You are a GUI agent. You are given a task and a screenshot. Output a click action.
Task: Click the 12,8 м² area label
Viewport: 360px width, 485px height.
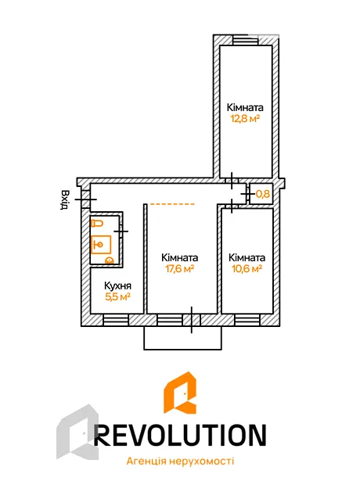coord(244,118)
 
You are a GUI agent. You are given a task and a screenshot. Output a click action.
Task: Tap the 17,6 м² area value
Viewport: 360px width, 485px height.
coord(180,268)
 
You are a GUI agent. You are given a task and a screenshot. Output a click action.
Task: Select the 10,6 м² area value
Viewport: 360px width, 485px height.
coord(247,268)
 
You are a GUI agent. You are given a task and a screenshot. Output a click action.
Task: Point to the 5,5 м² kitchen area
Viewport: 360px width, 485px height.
coord(117,297)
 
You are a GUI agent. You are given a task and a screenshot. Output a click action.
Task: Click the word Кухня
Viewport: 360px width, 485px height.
coord(117,286)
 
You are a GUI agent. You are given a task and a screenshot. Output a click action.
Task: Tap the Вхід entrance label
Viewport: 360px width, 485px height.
coord(65,199)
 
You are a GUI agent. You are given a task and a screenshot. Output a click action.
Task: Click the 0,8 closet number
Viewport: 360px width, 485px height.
coord(262,194)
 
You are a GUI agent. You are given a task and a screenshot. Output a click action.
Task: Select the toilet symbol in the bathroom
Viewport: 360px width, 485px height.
coord(97,223)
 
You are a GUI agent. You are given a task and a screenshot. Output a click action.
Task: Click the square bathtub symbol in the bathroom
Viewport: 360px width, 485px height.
coord(101,245)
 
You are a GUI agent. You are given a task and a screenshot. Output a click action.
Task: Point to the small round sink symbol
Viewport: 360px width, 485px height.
coord(110,260)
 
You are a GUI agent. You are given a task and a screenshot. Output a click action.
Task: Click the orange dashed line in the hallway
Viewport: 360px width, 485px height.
coord(172,204)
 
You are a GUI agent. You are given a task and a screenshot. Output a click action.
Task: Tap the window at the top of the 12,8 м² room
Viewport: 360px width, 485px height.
coord(246,41)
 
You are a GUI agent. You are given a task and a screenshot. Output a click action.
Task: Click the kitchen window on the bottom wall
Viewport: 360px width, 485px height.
coord(116,320)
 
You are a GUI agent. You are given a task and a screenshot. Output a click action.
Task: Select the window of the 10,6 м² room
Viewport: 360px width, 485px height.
coord(247,320)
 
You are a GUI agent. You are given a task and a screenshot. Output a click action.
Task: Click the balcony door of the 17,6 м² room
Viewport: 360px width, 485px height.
coord(192,320)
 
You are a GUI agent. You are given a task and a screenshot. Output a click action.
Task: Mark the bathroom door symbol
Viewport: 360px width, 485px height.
coord(121,231)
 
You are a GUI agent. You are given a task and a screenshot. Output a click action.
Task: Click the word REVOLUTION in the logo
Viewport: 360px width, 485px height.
coord(180,435)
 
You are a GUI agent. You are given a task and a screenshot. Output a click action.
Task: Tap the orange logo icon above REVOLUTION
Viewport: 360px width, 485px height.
coord(180,393)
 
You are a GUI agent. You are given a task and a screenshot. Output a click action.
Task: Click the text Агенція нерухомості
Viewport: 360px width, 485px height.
coord(180,462)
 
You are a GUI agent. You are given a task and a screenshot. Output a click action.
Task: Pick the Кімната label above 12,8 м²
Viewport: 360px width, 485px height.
coord(245,107)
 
